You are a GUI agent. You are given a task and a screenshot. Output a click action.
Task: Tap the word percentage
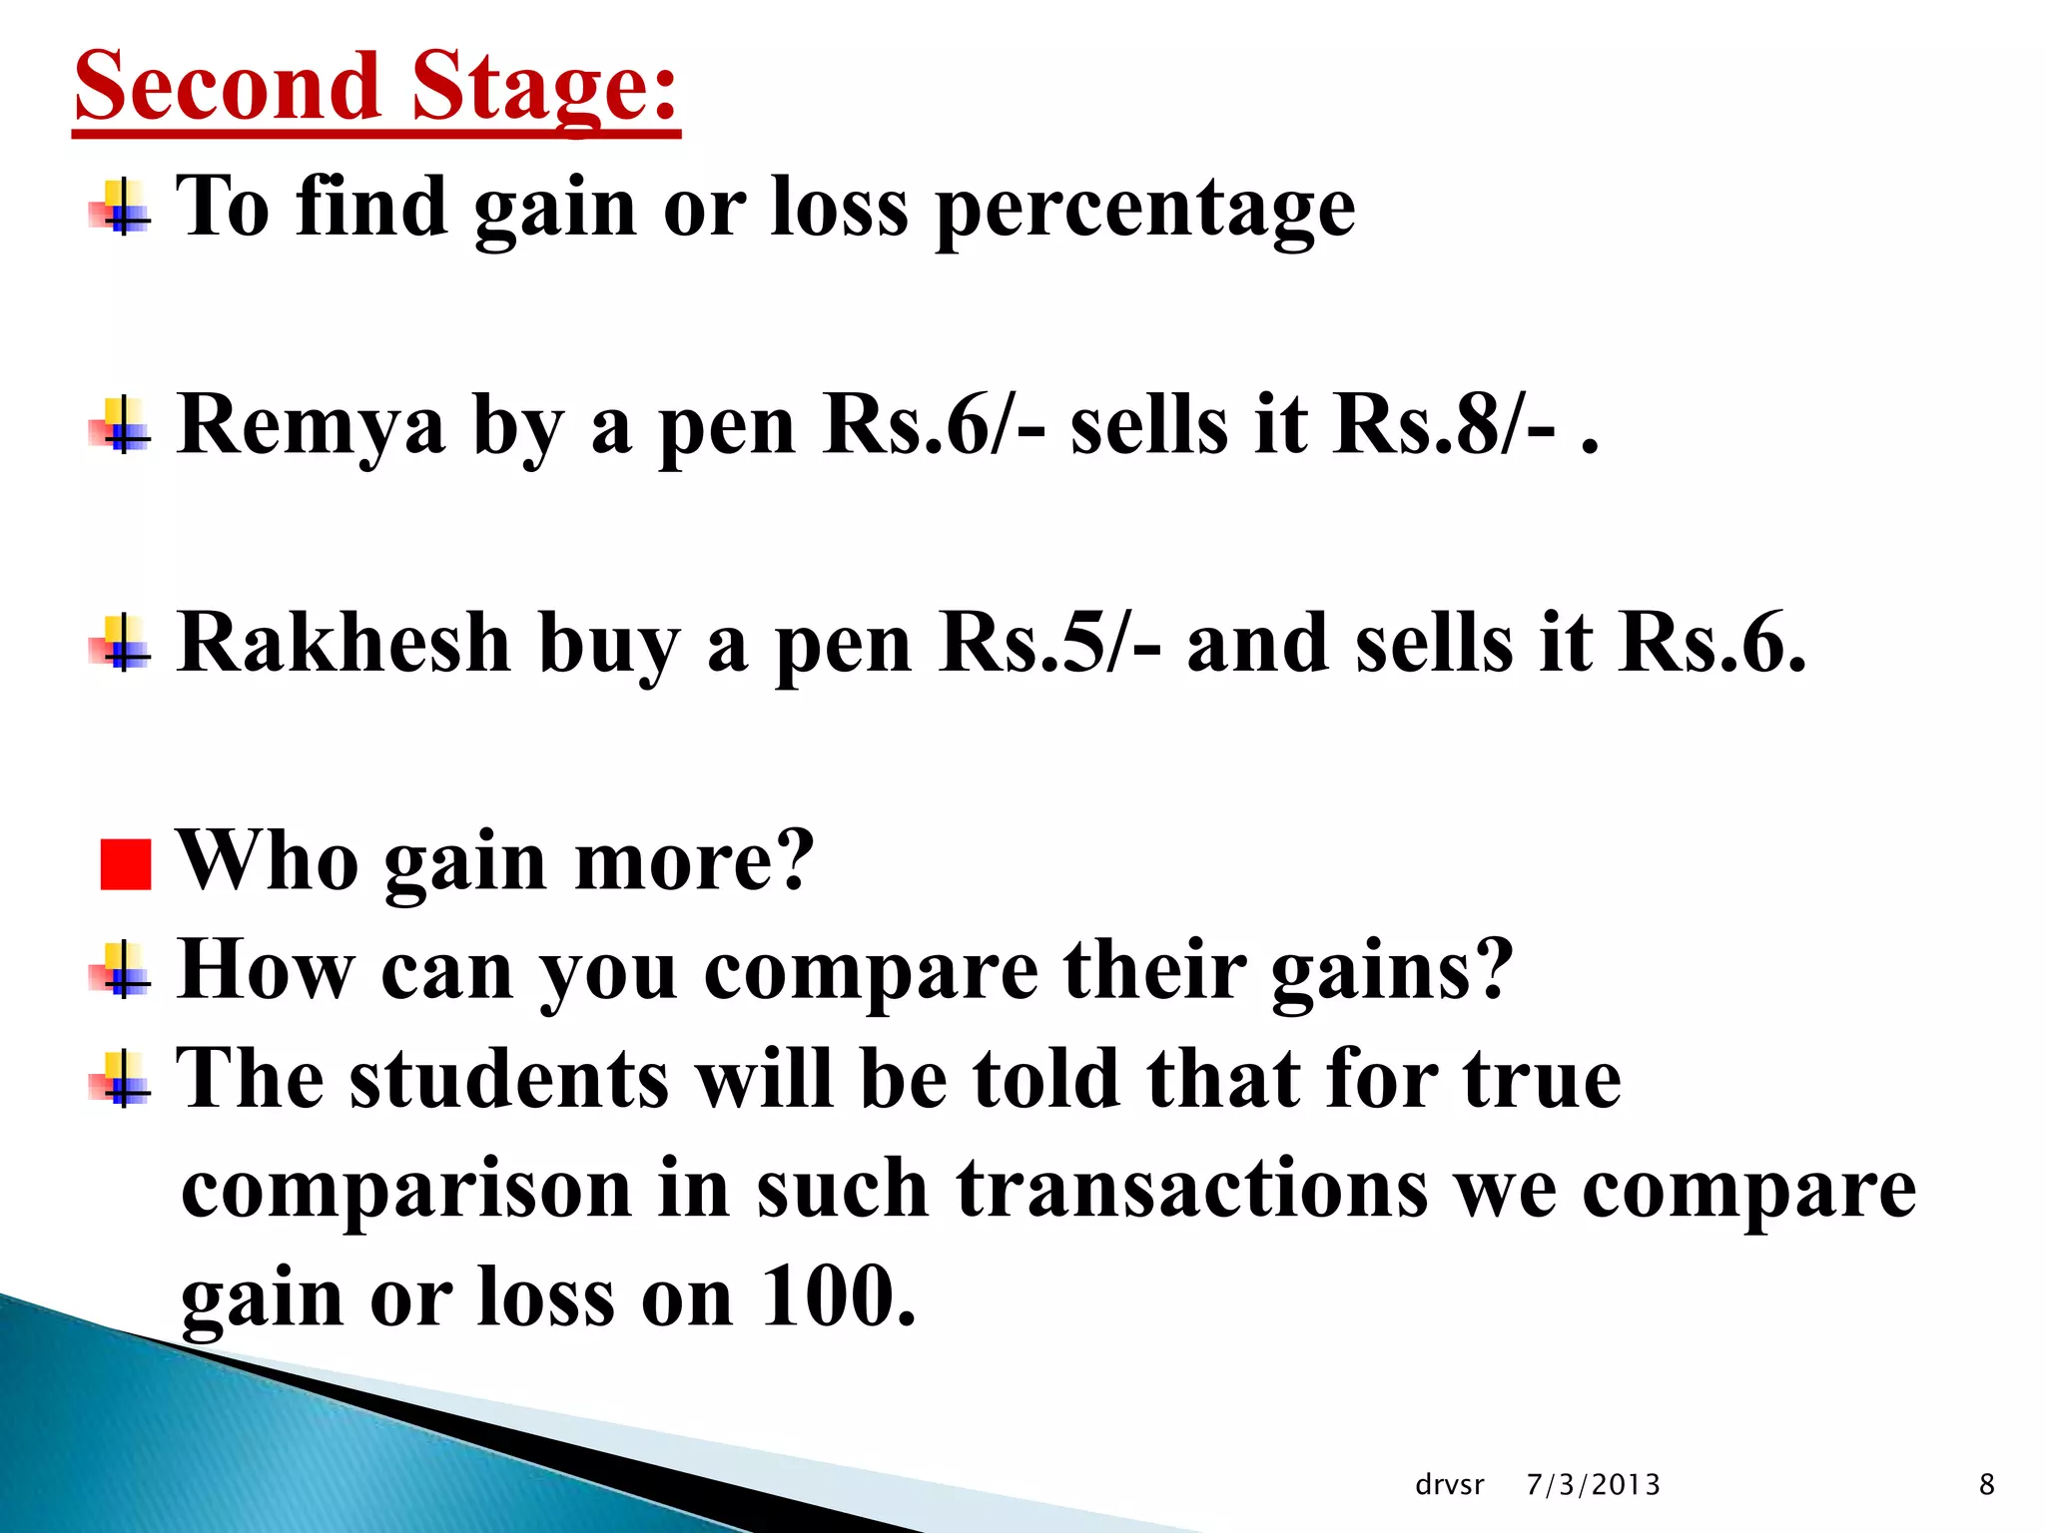point(1145,210)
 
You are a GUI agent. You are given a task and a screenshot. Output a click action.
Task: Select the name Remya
point(311,427)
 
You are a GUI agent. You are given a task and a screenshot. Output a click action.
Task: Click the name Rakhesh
point(343,644)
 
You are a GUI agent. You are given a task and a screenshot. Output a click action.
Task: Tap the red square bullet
point(126,864)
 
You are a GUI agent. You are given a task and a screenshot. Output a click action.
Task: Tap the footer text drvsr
point(1449,1485)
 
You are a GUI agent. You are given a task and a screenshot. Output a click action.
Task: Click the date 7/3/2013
point(1593,1485)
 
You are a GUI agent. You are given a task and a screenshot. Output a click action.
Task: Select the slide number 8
point(1986,1485)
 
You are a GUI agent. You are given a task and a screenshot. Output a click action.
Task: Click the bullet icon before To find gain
point(121,208)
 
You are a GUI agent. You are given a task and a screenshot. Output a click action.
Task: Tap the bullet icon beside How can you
point(121,970)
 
